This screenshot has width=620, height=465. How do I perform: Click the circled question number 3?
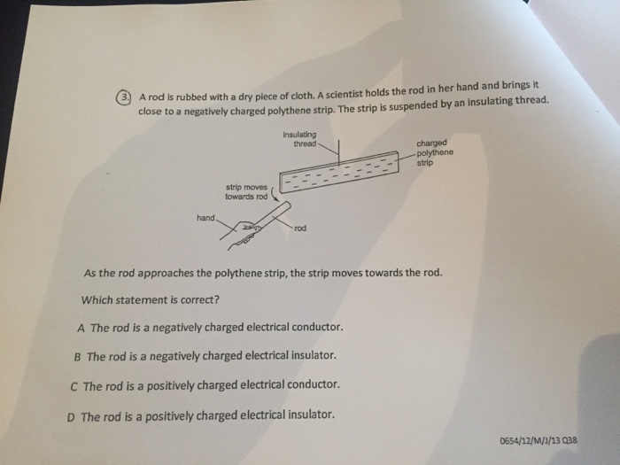pyautogui.click(x=126, y=97)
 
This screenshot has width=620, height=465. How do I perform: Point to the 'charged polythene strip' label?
pyautogui.click(x=434, y=151)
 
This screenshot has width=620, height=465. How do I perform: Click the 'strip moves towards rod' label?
pyautogui.click(x=246, y=191)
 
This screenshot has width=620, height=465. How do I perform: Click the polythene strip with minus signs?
pyautogui.click(x=337, y=172)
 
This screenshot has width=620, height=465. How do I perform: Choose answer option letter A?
pyautogui.click(x=81, y=327)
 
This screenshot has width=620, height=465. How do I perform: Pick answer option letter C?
pyautogui.click(x=74, y=385)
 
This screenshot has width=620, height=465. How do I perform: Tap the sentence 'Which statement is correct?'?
pyautogui.click(x=151, y=298)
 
